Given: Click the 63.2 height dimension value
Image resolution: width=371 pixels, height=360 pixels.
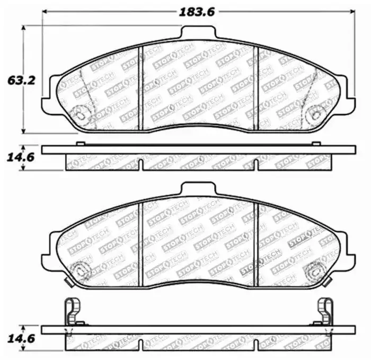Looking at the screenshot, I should [x=22, y=81].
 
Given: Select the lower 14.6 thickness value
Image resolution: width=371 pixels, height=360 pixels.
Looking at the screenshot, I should [x=22, y=337].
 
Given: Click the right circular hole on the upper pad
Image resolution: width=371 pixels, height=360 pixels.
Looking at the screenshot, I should [x=317, y=113].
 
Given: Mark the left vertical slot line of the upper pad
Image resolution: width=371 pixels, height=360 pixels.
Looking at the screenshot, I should [x=139, y=87].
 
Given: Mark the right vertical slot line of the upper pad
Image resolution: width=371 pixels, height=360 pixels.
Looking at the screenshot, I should [x=255, y=87].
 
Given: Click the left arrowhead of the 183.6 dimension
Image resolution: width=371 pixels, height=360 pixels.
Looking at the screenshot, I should [x=45, y=12].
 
